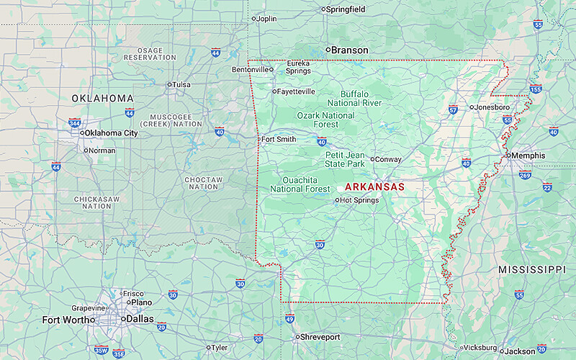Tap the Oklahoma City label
[111, 133]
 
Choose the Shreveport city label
[320, 337]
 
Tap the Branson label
[349, 50]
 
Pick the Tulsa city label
[181, 84]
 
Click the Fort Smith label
[278, 139]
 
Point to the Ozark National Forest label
[325, 120]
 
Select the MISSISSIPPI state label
[532, 269]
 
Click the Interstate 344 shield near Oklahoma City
[75, 123]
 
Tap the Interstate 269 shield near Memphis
[525, 175]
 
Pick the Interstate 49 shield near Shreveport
[289, 318]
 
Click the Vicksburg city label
[479, 347]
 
